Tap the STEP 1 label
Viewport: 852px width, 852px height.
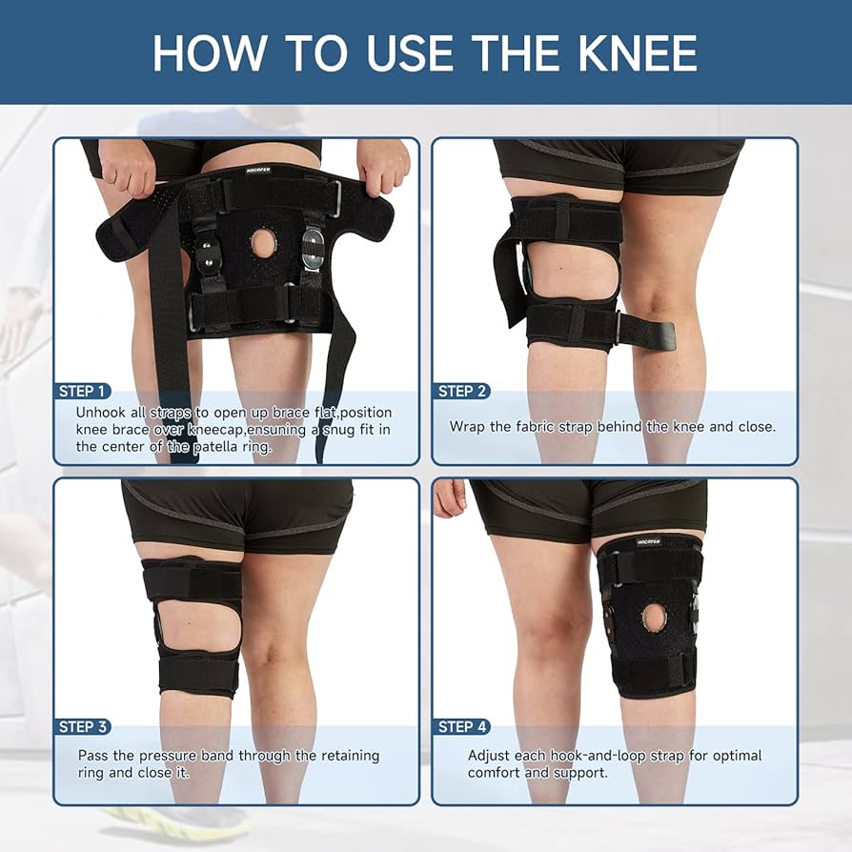tap(83, 391)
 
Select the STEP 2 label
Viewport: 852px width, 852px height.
tap(462, 391)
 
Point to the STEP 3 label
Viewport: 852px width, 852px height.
tap(83, 726)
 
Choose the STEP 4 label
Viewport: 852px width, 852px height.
tap(462, 726)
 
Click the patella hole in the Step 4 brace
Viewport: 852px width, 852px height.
tap(654, 618)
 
